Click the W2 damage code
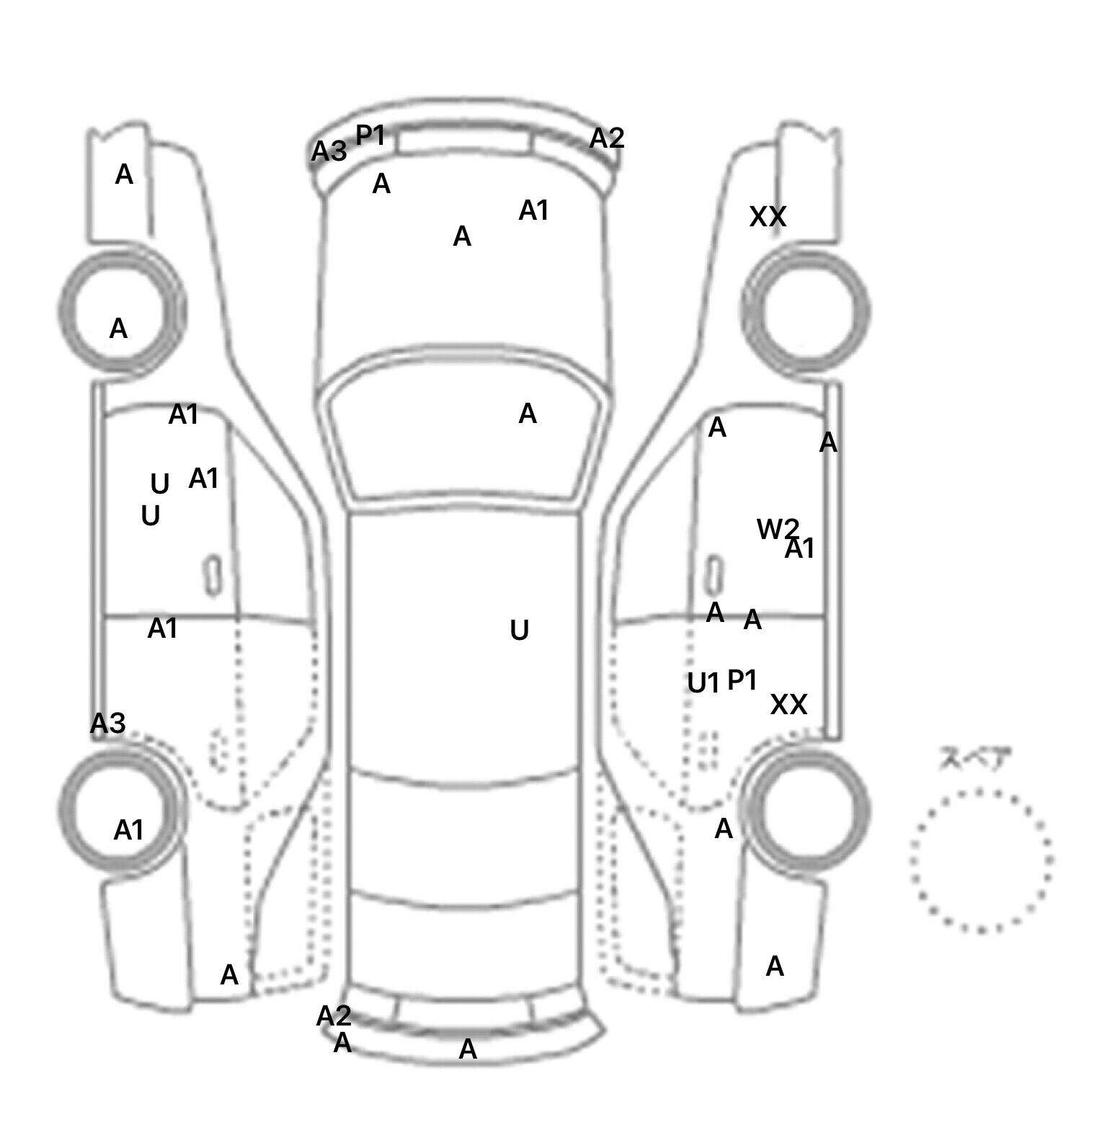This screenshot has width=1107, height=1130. tap(776, 529)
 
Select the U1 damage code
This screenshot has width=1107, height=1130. tap(703, 682)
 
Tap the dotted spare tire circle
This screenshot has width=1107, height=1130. tap(981, 860)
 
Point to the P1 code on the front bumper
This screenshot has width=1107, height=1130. tap(370, 135)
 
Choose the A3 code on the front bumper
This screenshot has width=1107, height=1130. tap(329, 151)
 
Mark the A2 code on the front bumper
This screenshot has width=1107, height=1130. tap(606, 138)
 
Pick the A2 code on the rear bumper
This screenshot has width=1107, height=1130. tap(334, 1016)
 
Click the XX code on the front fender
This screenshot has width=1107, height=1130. tap(768, 216)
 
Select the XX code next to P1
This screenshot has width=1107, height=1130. tap(788, 704)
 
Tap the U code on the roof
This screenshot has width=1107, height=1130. tap(519, 631)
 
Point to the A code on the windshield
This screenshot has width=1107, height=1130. tap(528, 414)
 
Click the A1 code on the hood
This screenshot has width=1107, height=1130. tap(533, 210)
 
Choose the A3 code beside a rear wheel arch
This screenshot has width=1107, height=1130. tap(108, 723)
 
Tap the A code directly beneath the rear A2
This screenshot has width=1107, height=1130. tap(342, 1042)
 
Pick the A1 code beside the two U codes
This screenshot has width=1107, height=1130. tap(203, 478)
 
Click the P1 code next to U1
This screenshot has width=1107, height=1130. tap(742, 679)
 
